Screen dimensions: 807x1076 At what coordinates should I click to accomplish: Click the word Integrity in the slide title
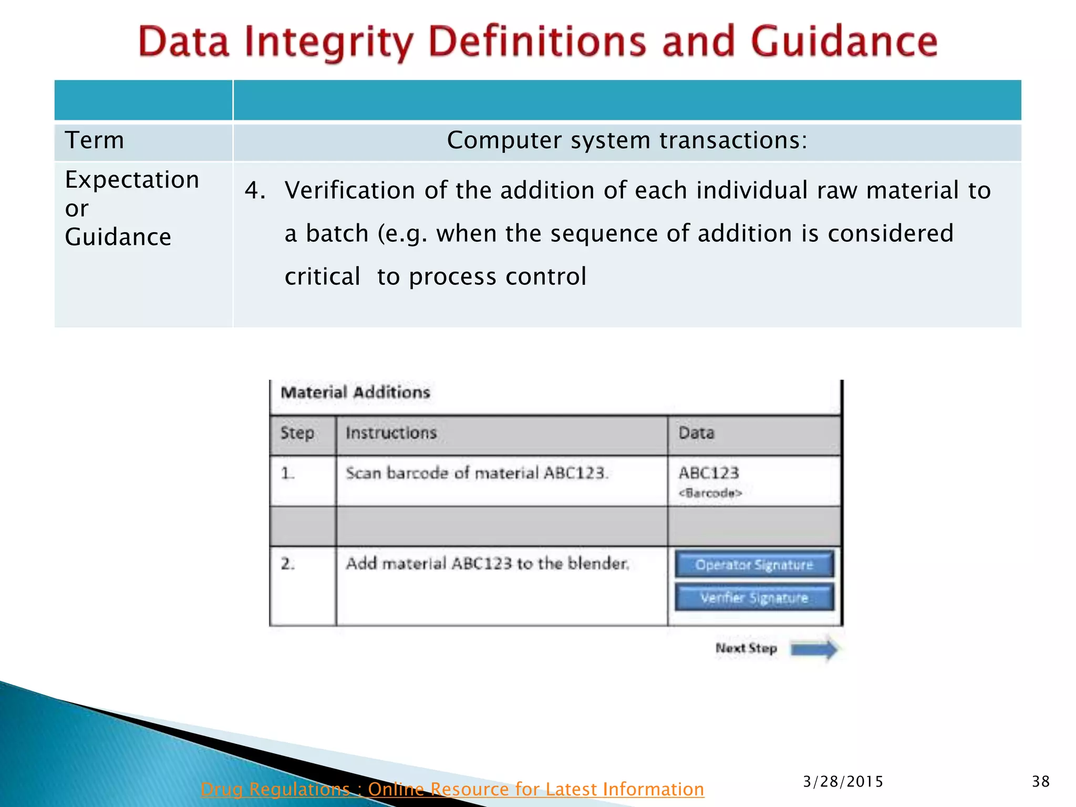[329, 42]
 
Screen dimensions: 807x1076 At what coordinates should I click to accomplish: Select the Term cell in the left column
[95, 140]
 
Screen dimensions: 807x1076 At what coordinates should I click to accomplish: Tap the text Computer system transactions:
[627, 140]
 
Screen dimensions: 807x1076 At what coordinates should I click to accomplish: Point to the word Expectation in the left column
[132, 180]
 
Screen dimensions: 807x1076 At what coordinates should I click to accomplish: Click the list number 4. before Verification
[255, 190]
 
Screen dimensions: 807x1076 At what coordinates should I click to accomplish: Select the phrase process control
[497, 276]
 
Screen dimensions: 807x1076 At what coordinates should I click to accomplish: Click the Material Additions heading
[355, 392]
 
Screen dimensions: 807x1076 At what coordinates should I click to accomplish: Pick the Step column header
[297, 433]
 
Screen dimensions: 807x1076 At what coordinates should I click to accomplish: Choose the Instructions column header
[391, 433]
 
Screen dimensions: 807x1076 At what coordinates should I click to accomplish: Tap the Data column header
[696, 433]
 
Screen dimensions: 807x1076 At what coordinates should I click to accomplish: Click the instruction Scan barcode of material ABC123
[477, 473]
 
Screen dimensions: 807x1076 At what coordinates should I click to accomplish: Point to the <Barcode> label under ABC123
[710, 493]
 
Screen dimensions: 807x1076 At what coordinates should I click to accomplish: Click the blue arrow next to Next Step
[814, 649]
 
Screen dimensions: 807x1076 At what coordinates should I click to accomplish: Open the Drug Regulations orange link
[452, 789]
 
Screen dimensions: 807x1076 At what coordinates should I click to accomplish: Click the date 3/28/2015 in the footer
[843, 782]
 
